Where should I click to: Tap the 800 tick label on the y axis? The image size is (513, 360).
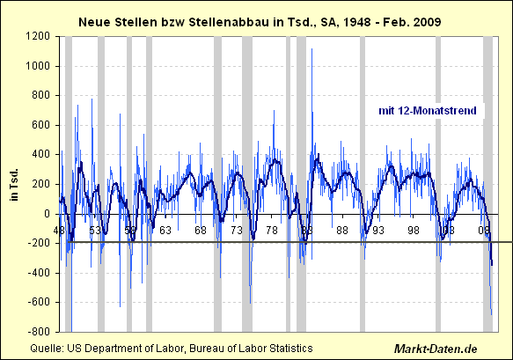[40, 96]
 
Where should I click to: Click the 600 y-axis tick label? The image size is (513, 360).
[40, 125]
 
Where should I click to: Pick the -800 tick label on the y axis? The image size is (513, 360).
[39, 332]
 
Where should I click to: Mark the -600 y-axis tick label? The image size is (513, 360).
[39, 302]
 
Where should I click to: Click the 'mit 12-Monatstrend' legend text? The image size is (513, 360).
[428, 110]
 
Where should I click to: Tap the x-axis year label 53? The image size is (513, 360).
[95, 231]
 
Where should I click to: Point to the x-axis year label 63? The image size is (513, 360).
[165, 231]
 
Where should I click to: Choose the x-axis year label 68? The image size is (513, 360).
[201, 231]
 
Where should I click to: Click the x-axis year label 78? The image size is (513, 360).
[271, 231]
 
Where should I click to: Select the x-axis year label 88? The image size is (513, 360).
[341, 231]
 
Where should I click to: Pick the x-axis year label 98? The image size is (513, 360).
[412, 231]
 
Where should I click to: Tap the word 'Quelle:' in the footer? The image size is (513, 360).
[47, 349]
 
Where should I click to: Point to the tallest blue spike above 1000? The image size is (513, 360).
[312, 50]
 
